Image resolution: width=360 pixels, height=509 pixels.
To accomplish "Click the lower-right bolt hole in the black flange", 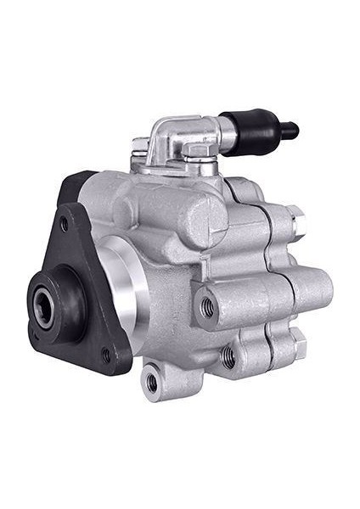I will [x=106, y=356].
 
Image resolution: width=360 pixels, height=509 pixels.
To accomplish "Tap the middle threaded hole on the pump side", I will [x=228, y=357].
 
